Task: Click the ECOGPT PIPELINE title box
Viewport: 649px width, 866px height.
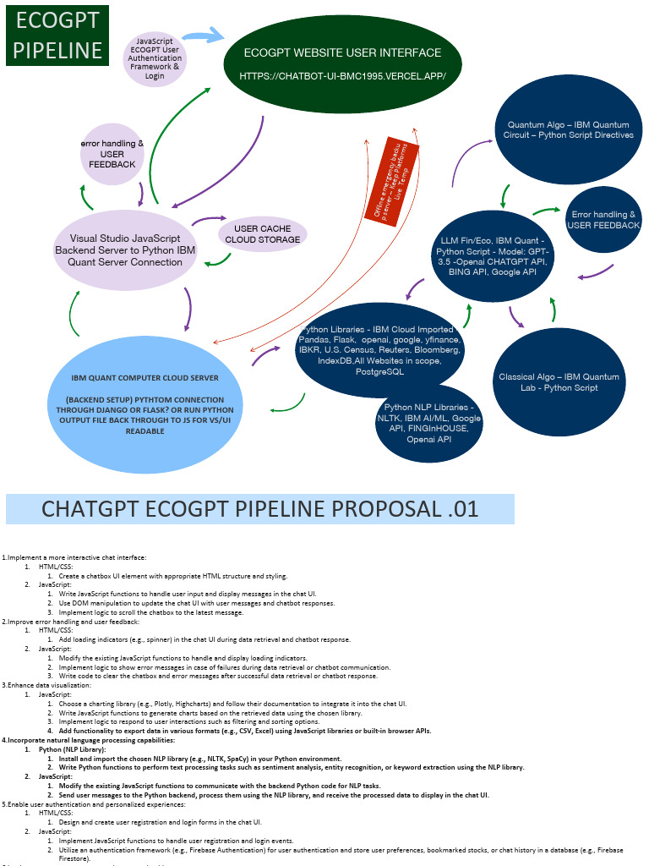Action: click(57, 36)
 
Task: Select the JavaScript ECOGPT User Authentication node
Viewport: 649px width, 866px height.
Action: click(155, 58)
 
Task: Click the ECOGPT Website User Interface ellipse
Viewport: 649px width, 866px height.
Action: click(342, 63)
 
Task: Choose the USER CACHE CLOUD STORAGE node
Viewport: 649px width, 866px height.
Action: click(262, 233)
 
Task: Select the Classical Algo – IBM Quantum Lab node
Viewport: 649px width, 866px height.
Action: click(559, 381)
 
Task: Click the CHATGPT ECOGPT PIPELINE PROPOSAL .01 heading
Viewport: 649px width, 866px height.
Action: click(259, 509)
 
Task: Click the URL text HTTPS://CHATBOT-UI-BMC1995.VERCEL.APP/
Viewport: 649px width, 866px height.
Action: click(342, 75)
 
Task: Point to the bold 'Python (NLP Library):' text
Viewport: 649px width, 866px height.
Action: click(72, 749)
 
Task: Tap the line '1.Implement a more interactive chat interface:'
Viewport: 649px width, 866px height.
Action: click(74, 556)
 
